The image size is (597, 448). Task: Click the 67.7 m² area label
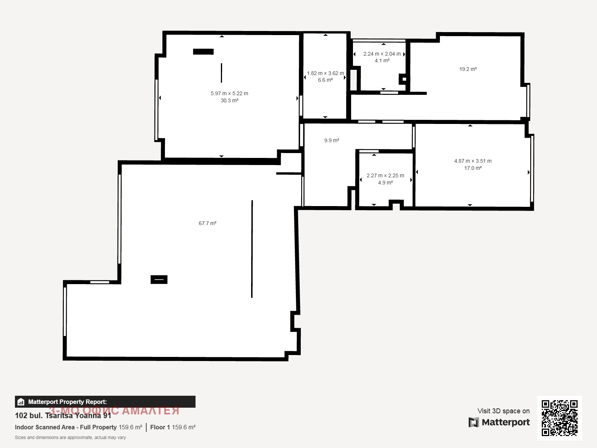207,223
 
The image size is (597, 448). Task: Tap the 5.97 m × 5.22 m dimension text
229,93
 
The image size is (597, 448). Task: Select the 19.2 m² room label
468,69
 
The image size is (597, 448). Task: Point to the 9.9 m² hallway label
332,140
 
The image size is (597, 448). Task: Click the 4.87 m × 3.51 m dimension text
473,161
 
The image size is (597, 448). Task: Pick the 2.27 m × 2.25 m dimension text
385,175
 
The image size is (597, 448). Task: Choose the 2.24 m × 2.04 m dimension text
382,54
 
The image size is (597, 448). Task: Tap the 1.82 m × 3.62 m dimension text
325,73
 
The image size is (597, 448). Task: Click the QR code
559,418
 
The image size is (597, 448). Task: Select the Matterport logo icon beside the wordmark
473,422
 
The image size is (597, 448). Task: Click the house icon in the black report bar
21,402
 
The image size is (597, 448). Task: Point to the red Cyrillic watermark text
114,410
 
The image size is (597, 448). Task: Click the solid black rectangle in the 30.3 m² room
203,52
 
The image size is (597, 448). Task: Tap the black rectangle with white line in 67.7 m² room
159,280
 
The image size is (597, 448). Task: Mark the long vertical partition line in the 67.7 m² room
252,249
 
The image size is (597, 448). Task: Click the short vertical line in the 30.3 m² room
221,73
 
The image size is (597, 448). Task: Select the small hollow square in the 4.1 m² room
404,79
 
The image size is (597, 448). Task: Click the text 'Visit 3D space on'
503,411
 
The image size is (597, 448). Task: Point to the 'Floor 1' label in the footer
160,427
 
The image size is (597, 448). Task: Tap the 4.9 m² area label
385,183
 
